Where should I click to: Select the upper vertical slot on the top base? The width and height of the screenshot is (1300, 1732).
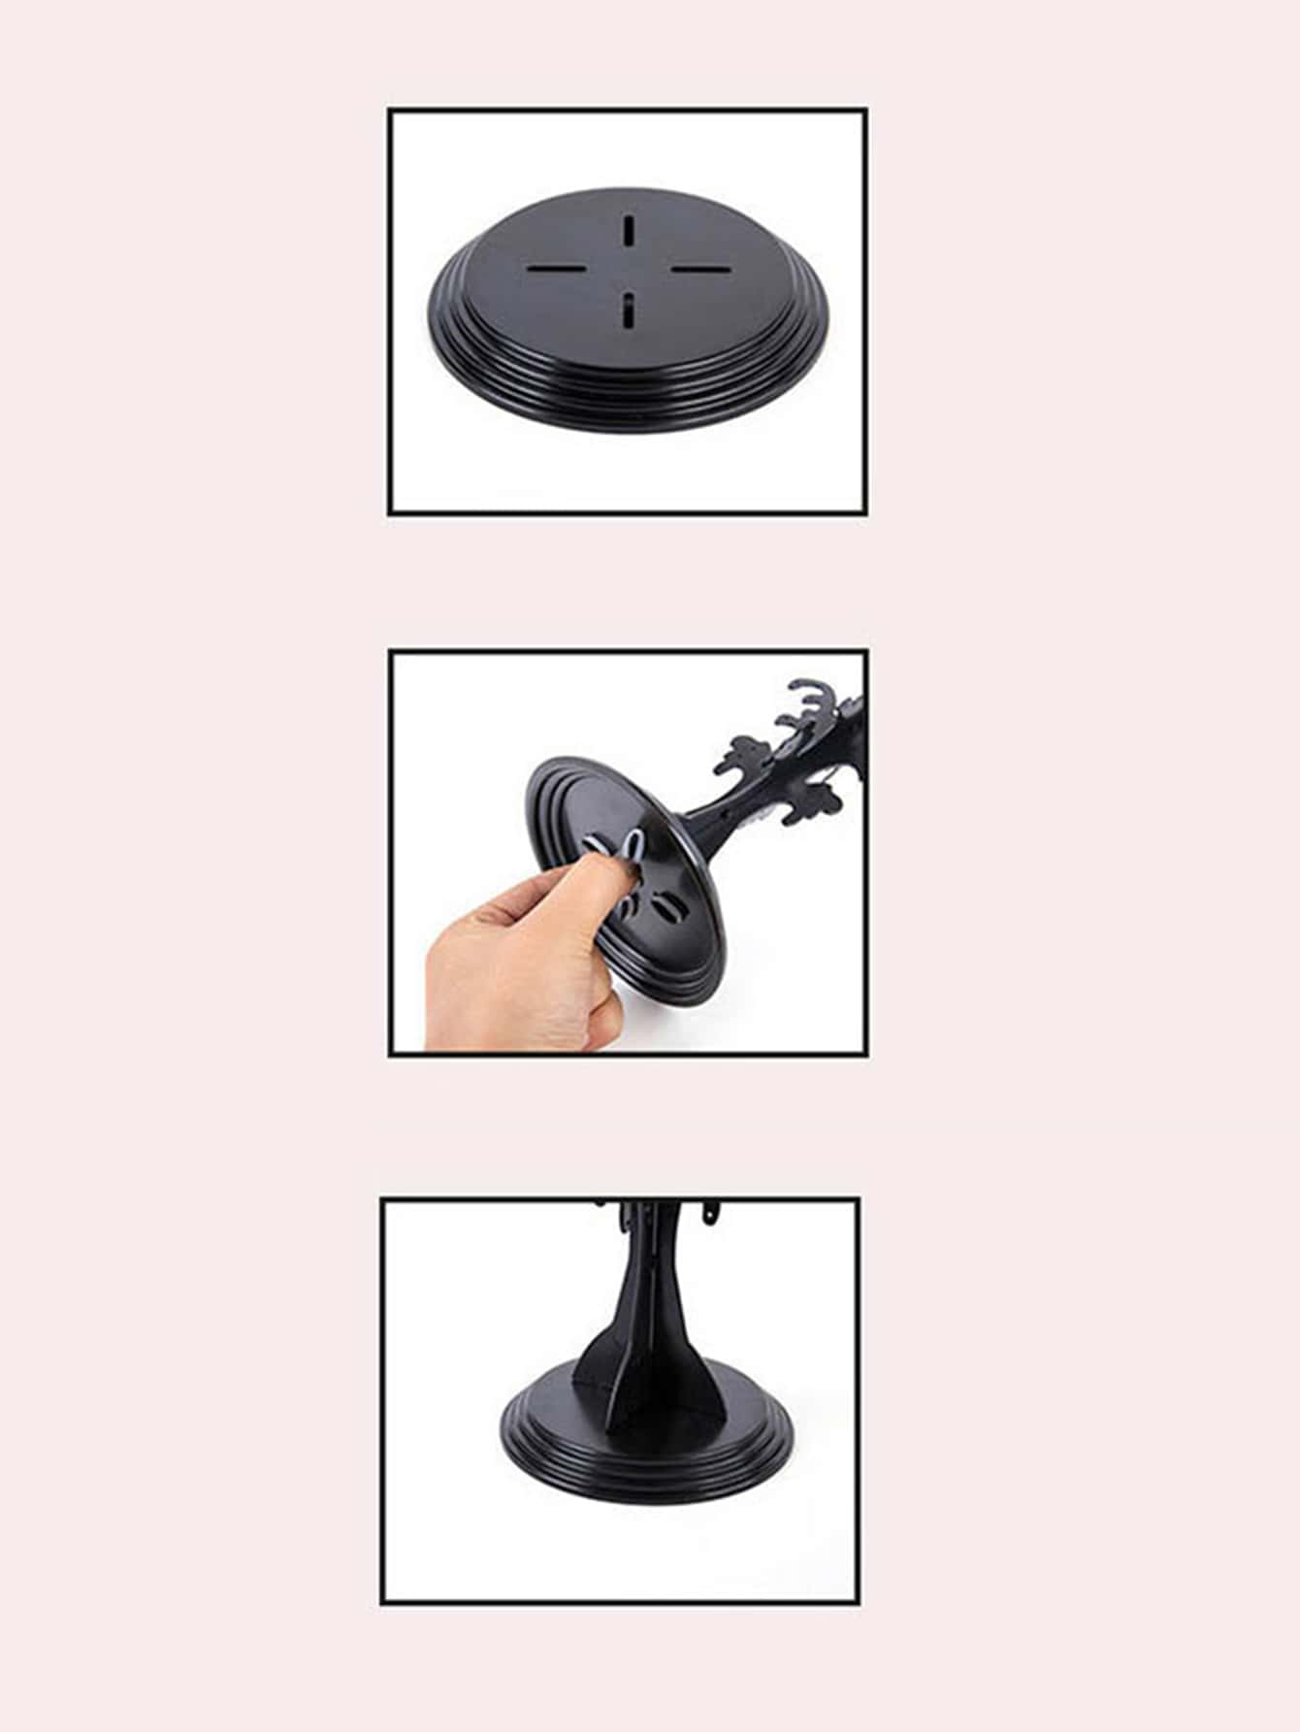click(x=629, y=231)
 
